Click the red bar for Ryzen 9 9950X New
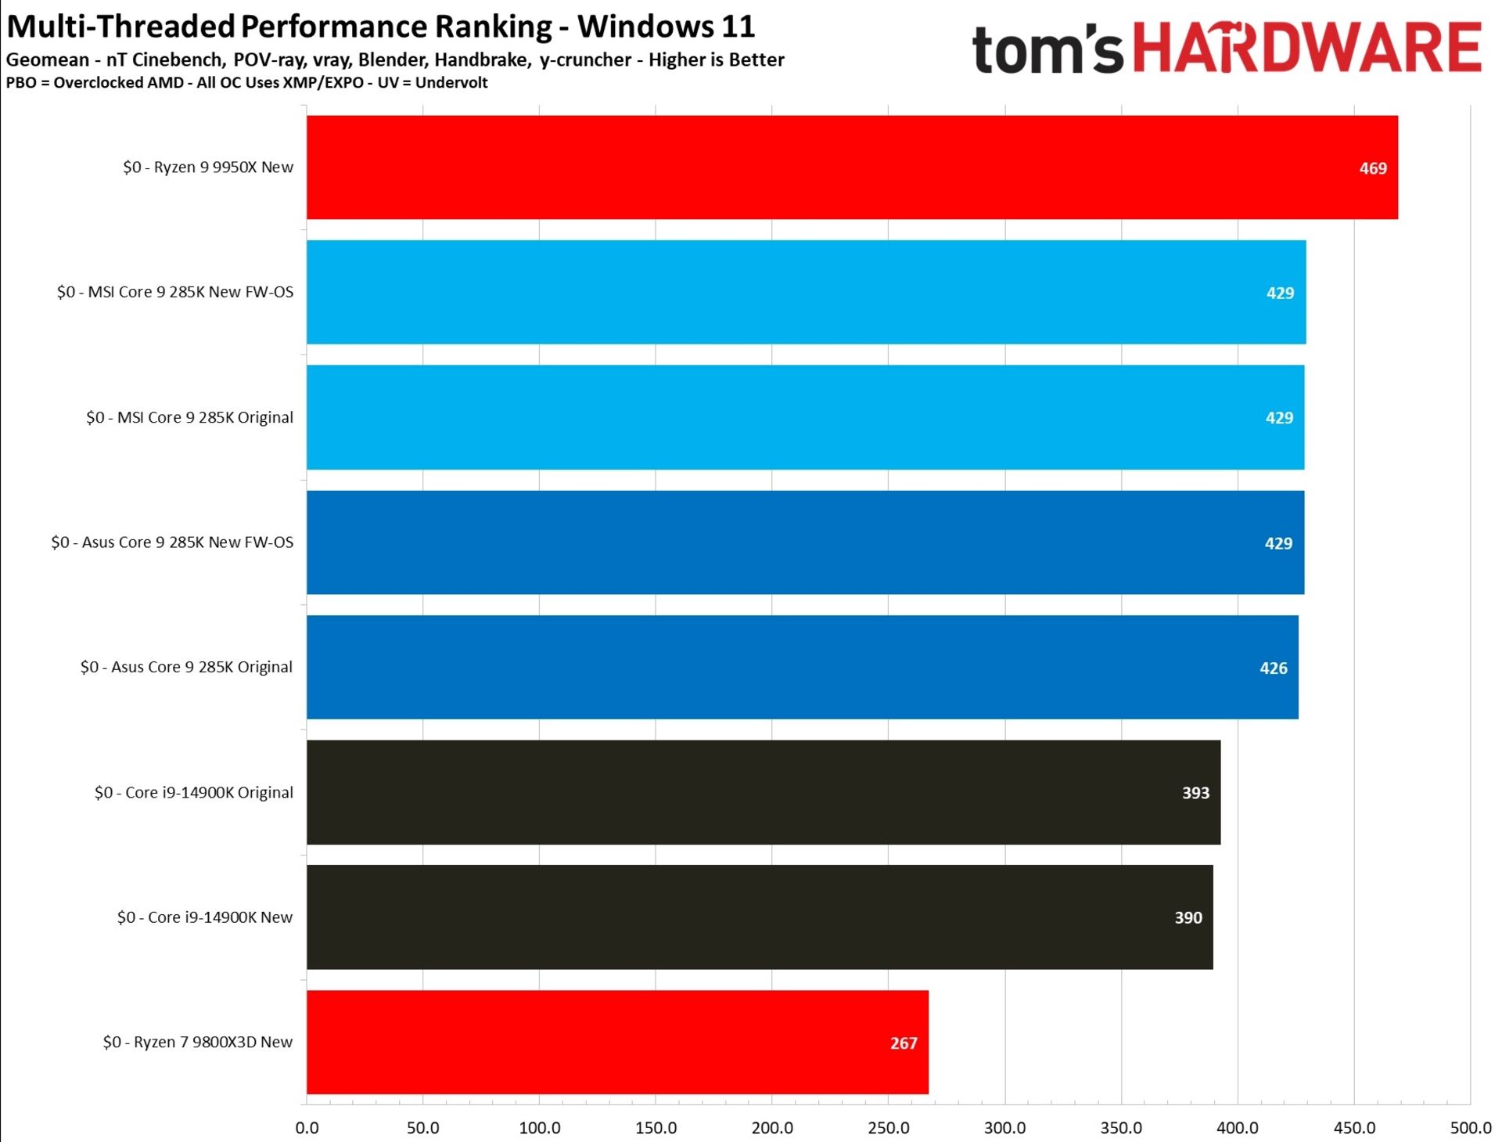tap(851, 168)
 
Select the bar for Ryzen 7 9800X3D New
tap(616, 1042)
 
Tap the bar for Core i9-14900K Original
tap(763, 792)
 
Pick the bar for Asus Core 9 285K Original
tap(802, 667)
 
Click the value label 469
tap(1372, 168)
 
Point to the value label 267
tap(903, 1043)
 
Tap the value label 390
tap(1188, 917)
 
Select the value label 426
tap(1273, 668)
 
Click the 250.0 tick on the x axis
tap(888, 1128)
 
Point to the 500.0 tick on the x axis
tap(1470, 1128)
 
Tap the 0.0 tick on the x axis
tap(307, 1128)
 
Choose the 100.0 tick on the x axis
tap(539, 1128)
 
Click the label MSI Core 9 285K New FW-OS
tap(175, 292)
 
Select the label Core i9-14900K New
tap(205, 917)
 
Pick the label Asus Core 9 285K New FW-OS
tap(172, 542)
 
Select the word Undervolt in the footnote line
tap(451, 83)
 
